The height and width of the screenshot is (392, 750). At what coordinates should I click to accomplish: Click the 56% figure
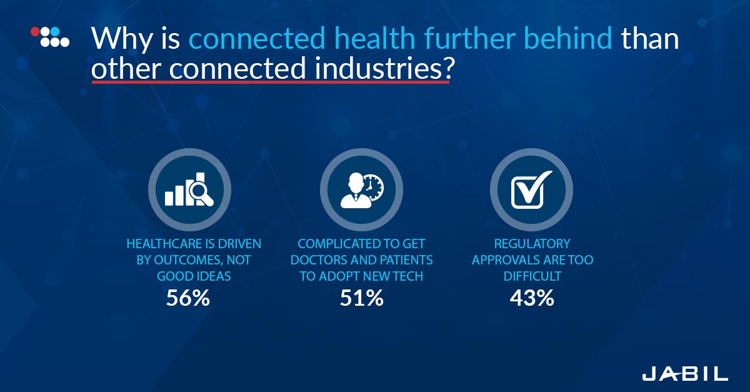(188, 298)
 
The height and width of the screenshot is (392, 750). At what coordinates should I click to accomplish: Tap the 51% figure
(362, 298)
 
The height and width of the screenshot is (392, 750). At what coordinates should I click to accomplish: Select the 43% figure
(532, 298)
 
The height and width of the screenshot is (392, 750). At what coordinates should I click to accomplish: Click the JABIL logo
(685, 374)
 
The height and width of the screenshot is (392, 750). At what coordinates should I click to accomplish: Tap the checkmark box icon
(531, 189)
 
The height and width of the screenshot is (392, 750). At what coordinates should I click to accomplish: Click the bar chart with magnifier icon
(189, 189)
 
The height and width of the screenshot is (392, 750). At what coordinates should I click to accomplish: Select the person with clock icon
(362, 190)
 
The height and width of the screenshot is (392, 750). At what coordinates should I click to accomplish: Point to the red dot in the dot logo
(35, 31)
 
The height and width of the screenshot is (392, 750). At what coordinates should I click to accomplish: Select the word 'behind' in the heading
(567, 38)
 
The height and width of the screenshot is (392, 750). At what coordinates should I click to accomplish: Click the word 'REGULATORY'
(532, 244)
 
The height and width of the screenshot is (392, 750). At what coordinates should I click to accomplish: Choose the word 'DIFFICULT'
(532, 276)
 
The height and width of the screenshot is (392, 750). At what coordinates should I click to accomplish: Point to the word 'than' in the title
(650, 38)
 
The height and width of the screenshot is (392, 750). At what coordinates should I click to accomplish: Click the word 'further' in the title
(470, 38)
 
